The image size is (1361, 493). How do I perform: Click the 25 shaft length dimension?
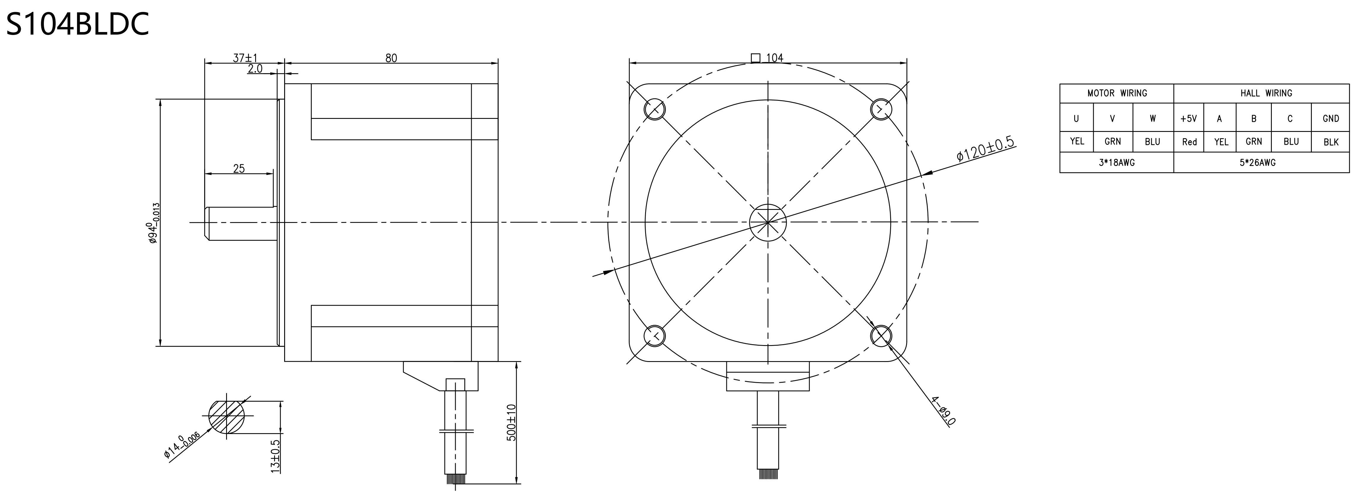click(239, 169)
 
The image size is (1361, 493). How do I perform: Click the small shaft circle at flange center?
click(768, 222)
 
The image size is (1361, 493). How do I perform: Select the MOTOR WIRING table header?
click(1117, 93)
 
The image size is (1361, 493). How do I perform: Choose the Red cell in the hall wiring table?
click(1189, 142)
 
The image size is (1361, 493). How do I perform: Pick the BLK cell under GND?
click(1331, 142)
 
